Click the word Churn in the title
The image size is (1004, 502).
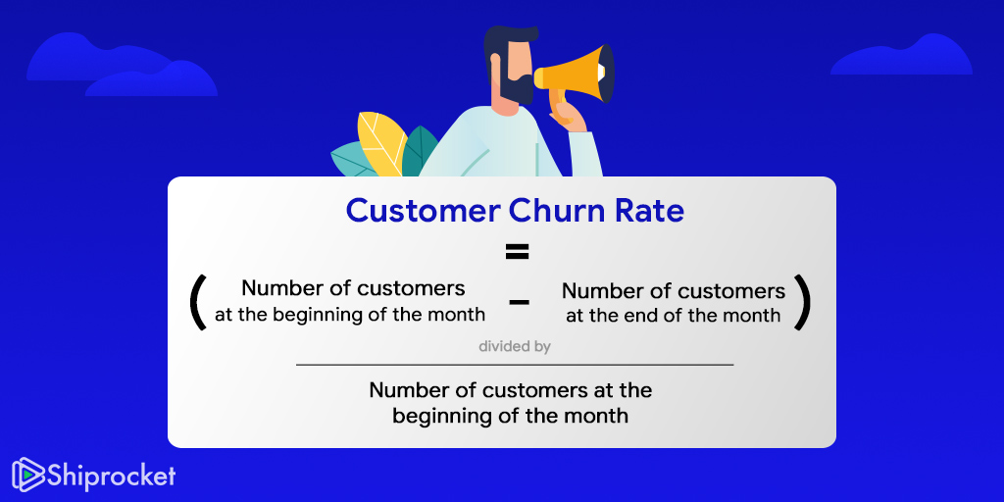pyautogui.click(x=555, y=211)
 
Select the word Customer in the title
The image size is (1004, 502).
pyautogui.click(x=423, y=212)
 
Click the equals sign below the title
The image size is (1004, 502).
pyautogui.click(x=517, y=252)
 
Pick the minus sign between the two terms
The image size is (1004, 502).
pyautogui.click(x=519, y=302)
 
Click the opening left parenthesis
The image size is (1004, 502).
pyautogui.click(x=198, y=302)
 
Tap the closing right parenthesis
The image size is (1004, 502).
pyautogui.click(x=803, y=302)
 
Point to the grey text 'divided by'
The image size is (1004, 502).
pyautogui.click(x=515, y=347)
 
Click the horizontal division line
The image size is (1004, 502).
pyautogui.click(x=515, y=365)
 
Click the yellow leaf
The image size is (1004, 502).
pyautogui.click(x=381, y=143)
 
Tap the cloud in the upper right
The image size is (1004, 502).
pyautogui.click(x=902, y=55)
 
